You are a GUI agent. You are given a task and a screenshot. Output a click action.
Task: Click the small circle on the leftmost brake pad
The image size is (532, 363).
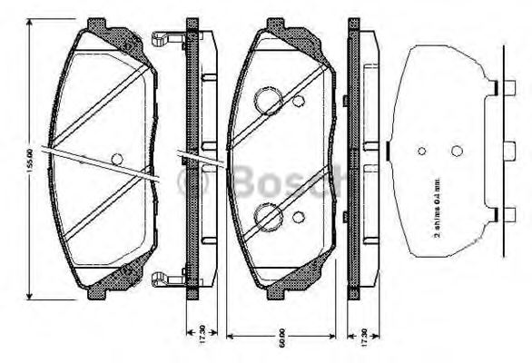[115, 158]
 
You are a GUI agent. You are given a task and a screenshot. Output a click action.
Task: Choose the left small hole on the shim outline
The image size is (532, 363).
[420, 152]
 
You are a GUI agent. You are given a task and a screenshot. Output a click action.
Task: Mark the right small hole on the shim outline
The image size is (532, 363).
[458, 152]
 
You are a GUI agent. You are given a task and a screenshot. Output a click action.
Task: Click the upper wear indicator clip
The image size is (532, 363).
[164, 39]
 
